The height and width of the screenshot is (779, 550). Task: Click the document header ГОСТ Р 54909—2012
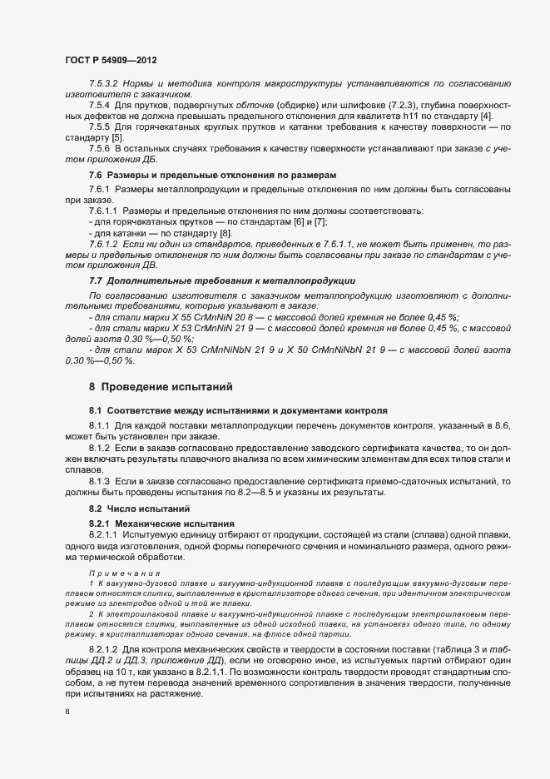(110, 61)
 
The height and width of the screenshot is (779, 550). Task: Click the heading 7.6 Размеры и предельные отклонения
(214, 175)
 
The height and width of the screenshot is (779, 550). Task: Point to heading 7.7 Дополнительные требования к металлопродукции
(221, 280)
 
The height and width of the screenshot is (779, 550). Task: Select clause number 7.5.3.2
(103, 86)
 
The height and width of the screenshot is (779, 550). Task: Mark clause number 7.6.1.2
(103, 244)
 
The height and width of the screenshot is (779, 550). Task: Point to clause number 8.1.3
(99, 481)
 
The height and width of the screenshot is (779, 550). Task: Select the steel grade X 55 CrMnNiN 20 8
(194, 317)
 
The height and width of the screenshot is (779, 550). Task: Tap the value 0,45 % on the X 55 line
(441, 317)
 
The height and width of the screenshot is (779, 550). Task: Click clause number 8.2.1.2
(103, 646)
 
